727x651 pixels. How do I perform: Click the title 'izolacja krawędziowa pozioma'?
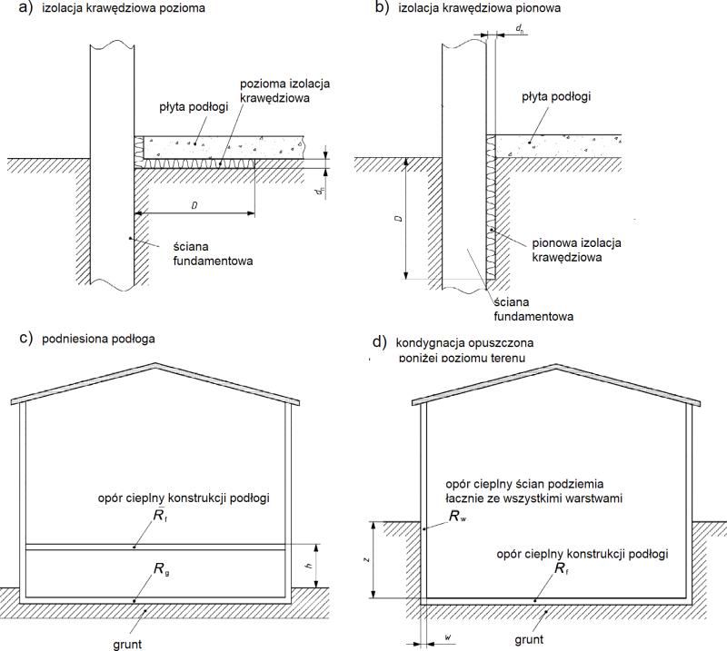coord(124,8)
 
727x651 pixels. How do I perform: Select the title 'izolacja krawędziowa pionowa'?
coord(480,8)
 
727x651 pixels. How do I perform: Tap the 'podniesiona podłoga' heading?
coord(98,340)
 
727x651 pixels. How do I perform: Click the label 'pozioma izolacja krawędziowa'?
coord(284,91)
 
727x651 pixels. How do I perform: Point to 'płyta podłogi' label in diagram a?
coord(194,107)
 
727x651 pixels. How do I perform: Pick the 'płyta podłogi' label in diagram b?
coord(556,97)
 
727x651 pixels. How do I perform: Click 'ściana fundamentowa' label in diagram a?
coord(214,253)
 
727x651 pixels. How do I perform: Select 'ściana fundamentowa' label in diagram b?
coord(533,309)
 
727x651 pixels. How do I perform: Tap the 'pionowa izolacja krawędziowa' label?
coord(576,250)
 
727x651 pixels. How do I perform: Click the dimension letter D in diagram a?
coord(194,205)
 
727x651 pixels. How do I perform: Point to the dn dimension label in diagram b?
coord(520,29)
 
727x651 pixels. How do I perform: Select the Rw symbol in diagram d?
coord(458,516)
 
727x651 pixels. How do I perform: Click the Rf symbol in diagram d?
coord(562,568)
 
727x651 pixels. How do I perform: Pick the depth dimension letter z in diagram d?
coord(367,559)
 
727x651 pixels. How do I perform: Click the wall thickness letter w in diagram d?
coord(448,637)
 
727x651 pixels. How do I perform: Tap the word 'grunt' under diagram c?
coord(127,644)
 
